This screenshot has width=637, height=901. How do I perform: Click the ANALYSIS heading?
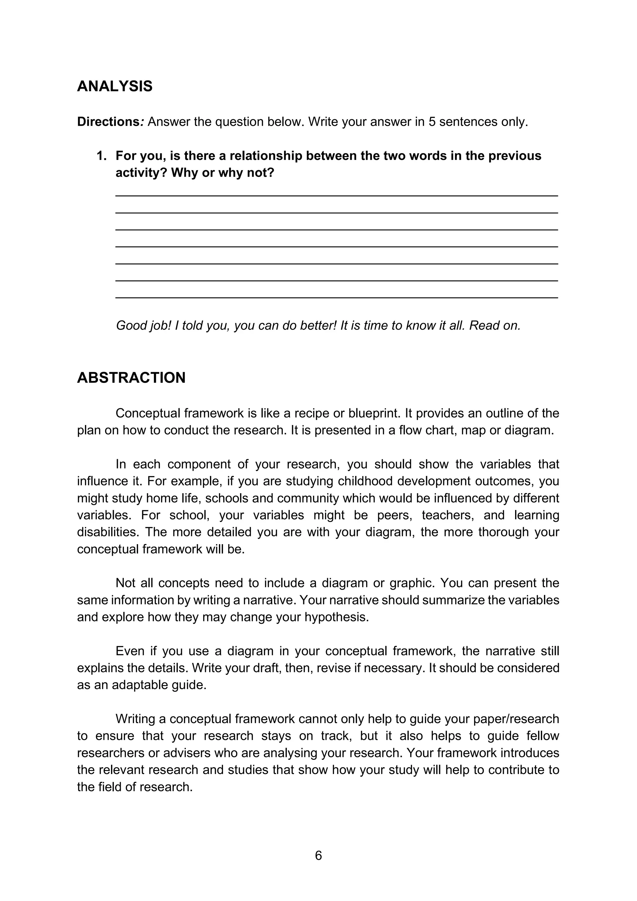pos(114,86)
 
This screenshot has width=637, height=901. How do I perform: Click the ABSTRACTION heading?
pos(131,377)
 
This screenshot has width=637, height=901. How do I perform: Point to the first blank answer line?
pos(337,195)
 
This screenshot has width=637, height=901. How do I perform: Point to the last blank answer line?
pos(337,297)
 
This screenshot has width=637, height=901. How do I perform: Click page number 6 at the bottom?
pos(318,856)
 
